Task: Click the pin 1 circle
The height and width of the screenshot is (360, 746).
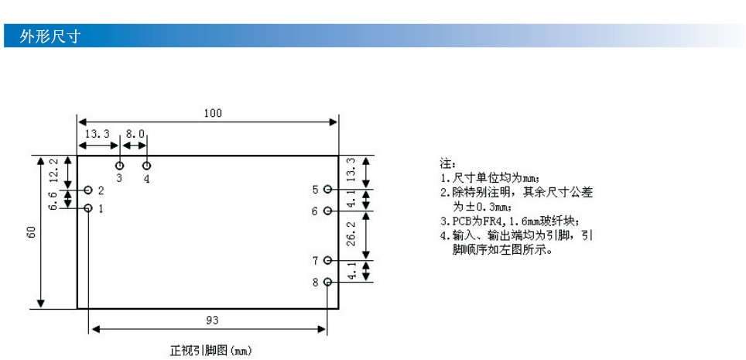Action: pyautogui.click(x=88, y=208)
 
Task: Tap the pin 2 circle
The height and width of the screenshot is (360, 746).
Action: pyautogui.click(x=88, y=190)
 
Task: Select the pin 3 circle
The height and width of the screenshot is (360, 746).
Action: pyautogui.click(x=119, y=165)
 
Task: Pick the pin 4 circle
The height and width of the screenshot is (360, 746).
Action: pyautogui.click(x=147, y=165)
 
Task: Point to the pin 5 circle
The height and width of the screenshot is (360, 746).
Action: pyautogui.click(x=327, y=190)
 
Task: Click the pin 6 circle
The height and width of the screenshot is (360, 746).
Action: pyautogui.click(x=327, y=211)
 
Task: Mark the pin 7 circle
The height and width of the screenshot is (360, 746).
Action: pyautogui.click(x=327, y=260)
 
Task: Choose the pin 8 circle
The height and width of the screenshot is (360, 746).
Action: pyautogui.click(x=327, y=282)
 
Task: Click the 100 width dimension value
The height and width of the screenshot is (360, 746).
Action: pyautogui.click(x=213, y=113)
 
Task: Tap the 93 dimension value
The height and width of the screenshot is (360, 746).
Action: pyautogui.click(x=212, y=321)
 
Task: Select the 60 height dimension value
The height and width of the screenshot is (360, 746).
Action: pyautogui.click(x=32, y=232)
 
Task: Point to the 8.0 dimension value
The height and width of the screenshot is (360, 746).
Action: pyautogui.click(x=135, y=134)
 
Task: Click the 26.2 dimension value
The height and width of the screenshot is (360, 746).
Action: pyautogui.click(x=351, y=233)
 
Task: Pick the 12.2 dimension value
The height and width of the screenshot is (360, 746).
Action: pyautogui.click(x=54, y=170)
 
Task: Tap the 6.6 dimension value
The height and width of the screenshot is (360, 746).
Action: pyautogui.click(x=54, y=201)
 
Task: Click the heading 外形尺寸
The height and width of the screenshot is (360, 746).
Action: pyautogui.click(x=50, y=36)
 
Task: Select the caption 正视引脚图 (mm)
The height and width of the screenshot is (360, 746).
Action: pyautogui.click(x=210, y=351)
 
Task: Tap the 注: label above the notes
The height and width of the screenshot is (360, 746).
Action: pyautogui.click(x=448, y=164)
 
